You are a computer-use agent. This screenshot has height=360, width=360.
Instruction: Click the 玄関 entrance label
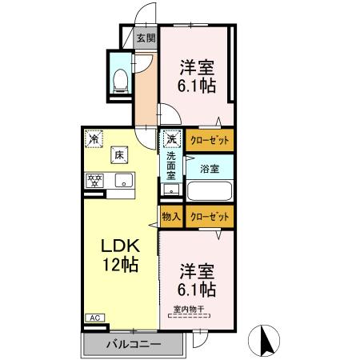point(146,37)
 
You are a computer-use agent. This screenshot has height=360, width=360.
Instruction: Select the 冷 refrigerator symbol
point(95,138)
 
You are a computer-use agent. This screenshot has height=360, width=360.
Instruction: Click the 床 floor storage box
point(118,154)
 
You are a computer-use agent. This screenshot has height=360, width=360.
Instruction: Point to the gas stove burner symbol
point(94,179)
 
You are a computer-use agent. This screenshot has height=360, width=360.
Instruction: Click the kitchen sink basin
point(124,179)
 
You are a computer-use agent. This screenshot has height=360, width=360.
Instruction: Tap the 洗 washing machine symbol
point(171,139)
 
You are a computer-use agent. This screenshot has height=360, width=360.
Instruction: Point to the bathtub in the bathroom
point(210,192)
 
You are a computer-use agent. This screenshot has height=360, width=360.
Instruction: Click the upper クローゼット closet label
point(210,140)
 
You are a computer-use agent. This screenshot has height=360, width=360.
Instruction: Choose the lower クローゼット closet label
point(210,215)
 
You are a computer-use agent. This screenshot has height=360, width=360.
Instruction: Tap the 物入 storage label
point(171,215)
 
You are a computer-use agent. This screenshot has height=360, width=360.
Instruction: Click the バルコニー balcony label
point(134,344)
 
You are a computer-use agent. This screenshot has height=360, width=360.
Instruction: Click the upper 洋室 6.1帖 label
point(196,77)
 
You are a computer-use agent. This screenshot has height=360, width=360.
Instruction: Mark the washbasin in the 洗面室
point(170,190)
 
